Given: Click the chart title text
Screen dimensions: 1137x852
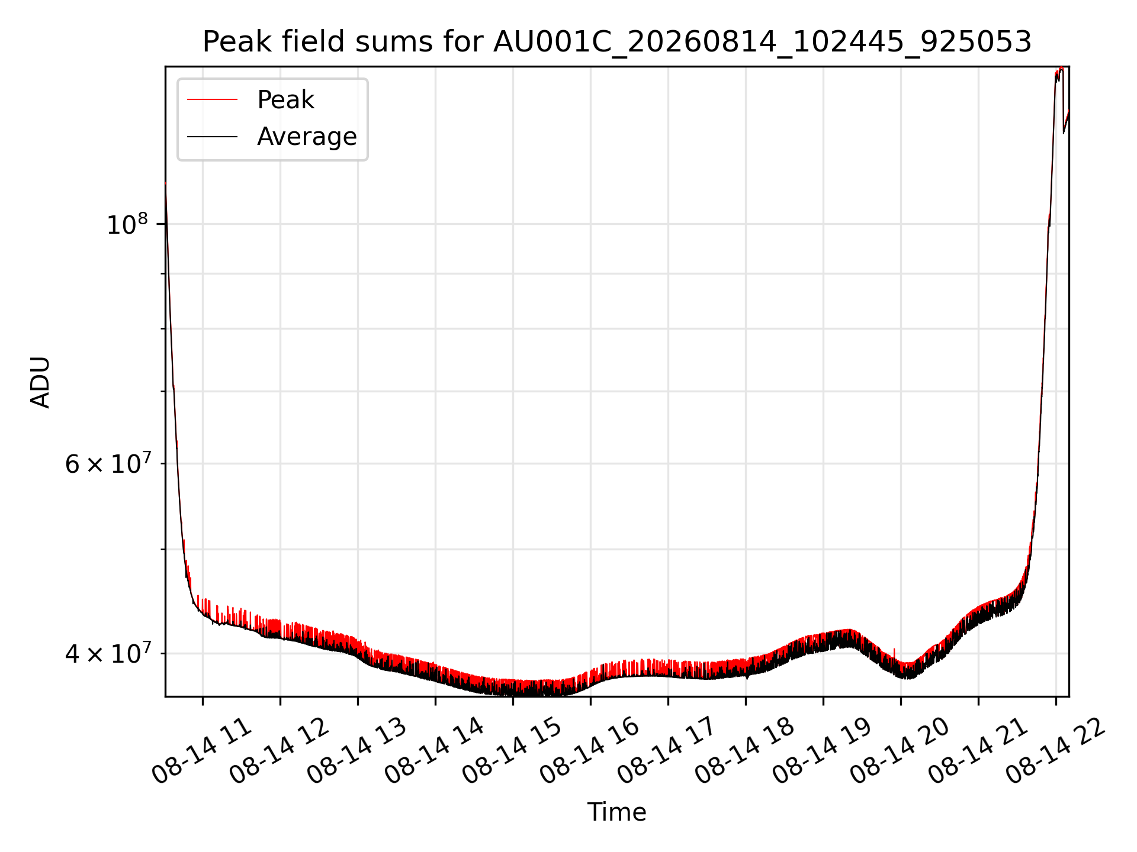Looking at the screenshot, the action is pos(617,42).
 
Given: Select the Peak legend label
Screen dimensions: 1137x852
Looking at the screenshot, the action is pos(285,99).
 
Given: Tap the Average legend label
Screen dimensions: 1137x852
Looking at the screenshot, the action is pos(307,137).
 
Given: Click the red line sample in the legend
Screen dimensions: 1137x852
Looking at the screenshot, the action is pos(212,99).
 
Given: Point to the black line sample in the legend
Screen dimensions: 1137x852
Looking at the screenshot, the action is pos(212,137).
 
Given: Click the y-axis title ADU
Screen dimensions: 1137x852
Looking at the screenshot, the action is pos(40,382).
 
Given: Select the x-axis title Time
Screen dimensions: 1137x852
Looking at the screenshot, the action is pos(616,812).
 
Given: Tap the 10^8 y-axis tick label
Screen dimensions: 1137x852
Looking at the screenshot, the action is pos(127,224).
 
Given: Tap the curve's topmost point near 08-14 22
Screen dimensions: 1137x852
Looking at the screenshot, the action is pos(1061,68).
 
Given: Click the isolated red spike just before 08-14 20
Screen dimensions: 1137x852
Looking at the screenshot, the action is pos(894,653).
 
